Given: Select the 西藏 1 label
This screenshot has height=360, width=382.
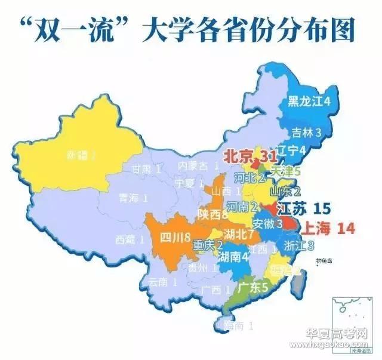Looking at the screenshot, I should click(130, 240).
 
